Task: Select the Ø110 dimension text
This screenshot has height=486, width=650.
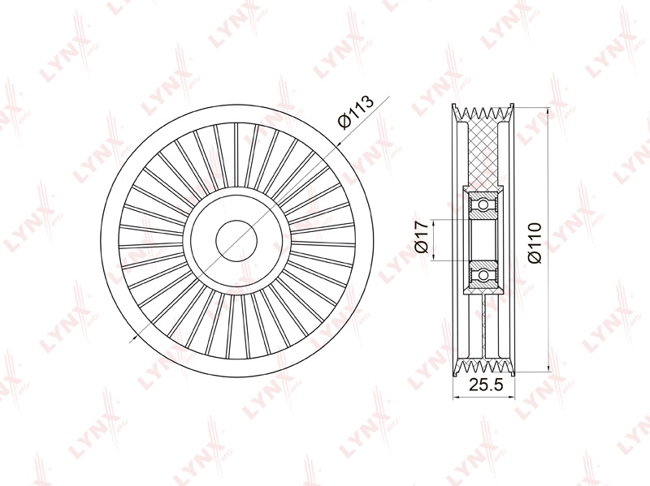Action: (535, 242)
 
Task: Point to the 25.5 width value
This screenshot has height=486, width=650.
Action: (485, 385)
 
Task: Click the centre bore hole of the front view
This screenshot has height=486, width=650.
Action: (236, 240)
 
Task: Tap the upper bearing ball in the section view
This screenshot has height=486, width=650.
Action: (483, 204)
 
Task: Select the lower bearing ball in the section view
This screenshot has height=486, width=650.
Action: (483, 275)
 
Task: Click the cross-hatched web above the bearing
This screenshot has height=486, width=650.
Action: (483, 153)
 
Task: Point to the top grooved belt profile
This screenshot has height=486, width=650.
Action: (483, 113)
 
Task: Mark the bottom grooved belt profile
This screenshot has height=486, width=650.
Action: (483, 368)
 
